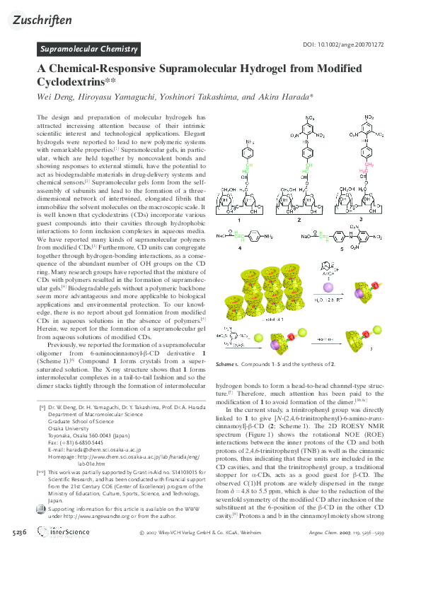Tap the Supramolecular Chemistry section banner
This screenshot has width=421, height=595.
[88, 49]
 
